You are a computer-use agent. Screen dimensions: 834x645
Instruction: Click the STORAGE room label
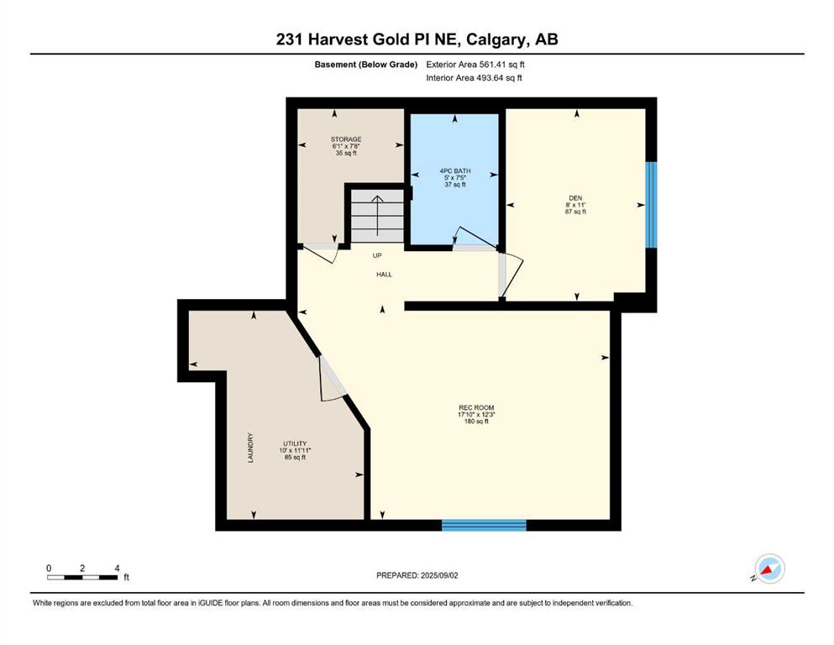(346, 139)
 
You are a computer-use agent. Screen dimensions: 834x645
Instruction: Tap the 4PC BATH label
(454, 170)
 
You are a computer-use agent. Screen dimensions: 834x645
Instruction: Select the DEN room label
(575, 198)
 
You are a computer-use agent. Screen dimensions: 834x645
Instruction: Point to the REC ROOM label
(476, 408)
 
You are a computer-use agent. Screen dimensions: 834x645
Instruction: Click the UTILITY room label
(295, 443)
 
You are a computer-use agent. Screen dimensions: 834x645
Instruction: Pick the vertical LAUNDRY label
(250, 447)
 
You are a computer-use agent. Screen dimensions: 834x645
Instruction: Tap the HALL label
(384, 275)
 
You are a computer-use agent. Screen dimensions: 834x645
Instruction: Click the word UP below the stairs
(377, 256)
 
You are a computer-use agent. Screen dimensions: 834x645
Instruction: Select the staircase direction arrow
(377, 216)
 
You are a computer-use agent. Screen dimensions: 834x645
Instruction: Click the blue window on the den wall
(651, 205)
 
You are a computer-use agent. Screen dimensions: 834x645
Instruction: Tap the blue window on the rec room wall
(484, 525)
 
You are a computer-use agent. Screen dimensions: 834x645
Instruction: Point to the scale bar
(82, 578)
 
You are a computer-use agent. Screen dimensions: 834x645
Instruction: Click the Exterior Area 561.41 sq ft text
(475, 65)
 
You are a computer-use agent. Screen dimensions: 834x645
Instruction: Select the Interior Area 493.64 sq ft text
(474, 77)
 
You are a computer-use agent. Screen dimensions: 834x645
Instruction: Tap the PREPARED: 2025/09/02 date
(417, 575)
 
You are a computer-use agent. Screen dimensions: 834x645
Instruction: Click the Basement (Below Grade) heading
(366, 65)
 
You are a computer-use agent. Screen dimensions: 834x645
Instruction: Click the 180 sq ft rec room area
(476, 421)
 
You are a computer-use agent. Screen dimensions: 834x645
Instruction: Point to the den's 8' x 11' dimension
(575, 205)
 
